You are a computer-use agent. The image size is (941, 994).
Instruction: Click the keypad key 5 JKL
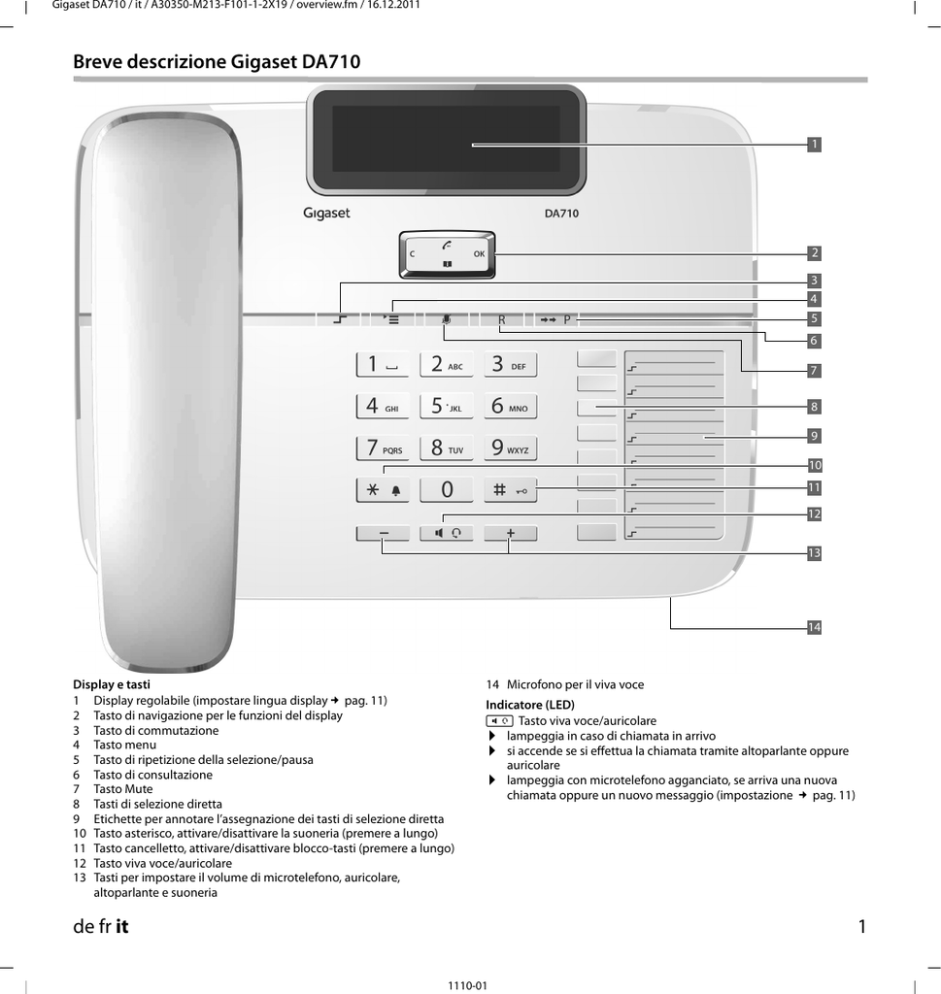[x=447, y=406]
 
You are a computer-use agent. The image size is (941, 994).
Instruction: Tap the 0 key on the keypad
[x=447, y=490]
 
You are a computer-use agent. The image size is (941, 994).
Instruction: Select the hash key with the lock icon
[x=511, y=490]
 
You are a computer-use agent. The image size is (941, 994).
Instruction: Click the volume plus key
[x=511, y=533]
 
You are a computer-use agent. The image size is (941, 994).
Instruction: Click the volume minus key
[x=383, y=533]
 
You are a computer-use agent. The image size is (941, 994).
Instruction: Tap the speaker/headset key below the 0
[x=447, y=533]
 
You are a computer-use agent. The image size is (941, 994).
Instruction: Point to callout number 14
[x=814, y=628]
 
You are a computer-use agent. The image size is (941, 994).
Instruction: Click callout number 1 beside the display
[x=814, y=145]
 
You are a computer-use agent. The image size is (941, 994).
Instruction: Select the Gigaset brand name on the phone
[x=326, y=214]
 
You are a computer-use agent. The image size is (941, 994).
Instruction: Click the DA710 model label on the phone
[x=561, y=214]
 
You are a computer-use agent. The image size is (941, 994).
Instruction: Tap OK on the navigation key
[x=480, y=254]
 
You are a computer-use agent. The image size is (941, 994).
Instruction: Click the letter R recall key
[x=501, y=320]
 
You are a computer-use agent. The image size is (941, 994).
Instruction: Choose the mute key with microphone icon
[x=447, y=320]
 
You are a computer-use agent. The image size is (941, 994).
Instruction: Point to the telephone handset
[x=167, y=390]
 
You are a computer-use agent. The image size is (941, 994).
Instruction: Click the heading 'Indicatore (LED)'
[x=530, y=705]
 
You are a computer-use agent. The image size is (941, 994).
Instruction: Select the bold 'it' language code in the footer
[x=121, y=927]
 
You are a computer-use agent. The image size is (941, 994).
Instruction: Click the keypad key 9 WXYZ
[x=511, y=448]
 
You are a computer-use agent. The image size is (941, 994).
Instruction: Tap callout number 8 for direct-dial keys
[x=814, y=407]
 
